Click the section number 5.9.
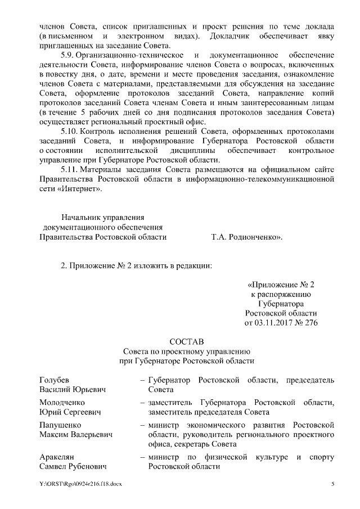click(67, 55)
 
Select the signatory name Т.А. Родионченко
click(246, 237)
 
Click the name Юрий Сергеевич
click(70, 412)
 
